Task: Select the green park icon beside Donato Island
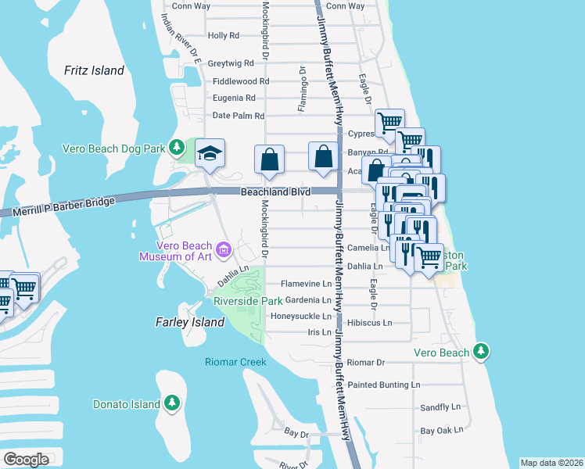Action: tap(173, 404)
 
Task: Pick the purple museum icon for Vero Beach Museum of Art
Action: tap(224, 250)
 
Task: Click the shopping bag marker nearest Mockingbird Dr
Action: tap(269, 159)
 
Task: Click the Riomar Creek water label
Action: tap(235, 362)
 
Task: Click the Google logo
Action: tap(26, 459)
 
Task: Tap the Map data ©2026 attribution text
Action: tap(551, 463)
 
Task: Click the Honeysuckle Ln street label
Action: tap(301, 317)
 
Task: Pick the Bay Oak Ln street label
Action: tap(442, 430)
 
